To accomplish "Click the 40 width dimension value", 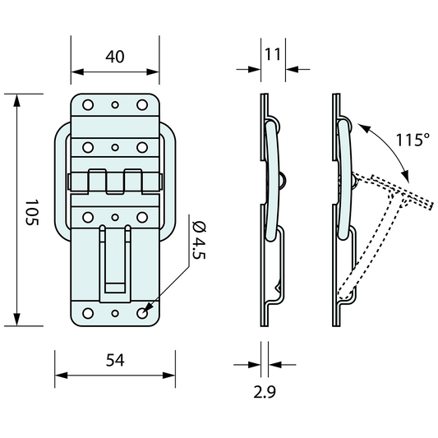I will point(114,57).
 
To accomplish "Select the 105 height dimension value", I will point(32,215).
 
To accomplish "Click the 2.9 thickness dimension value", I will point(265,393).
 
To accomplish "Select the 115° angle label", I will point(411,140).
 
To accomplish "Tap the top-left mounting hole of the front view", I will point(86,104).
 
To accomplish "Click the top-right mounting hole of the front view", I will point(143,104).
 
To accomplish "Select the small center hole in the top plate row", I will point(115,104).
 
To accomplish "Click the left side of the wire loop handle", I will point(58,181).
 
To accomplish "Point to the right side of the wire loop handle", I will point(172,181).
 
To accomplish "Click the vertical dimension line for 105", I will point(18,210).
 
